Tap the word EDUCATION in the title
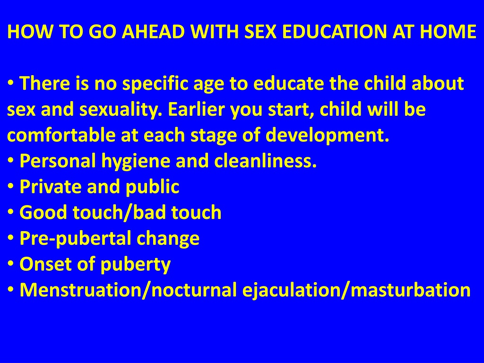pyautogui.click(x=334, y=32)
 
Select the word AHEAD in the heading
pyautogui.click(x=153, y=32)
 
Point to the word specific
pyautogui.click(x=155, y=84)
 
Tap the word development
pyautogui.click(x=327, y=136)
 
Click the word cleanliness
pyautogui.click(x=265, y=161)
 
